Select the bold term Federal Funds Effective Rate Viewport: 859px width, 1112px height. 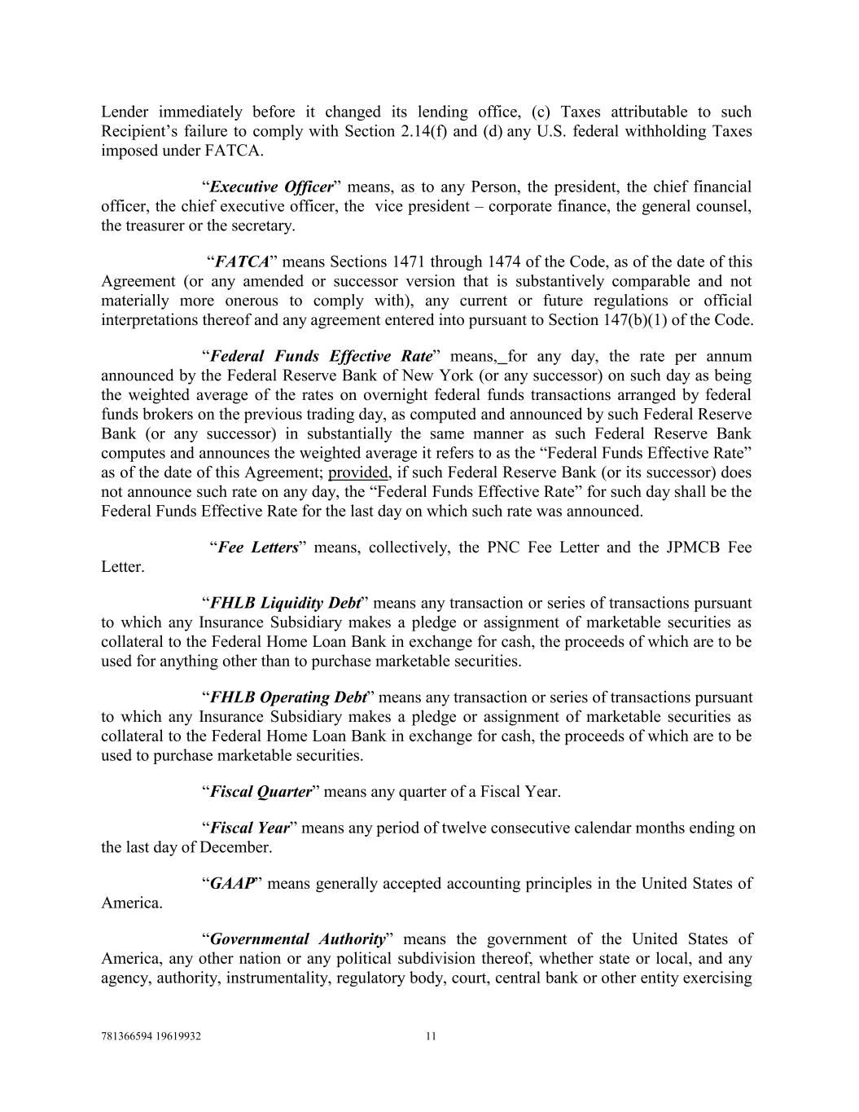[321, 357]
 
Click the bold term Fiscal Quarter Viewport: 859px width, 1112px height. [261, 792]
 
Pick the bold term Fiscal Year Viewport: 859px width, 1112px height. [250, 828]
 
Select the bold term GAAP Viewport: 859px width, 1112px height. [232, 883]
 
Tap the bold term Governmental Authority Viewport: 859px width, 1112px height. [297, 938]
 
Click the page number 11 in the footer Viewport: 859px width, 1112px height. [431, 1037]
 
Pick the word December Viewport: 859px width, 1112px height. [235, 847]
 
